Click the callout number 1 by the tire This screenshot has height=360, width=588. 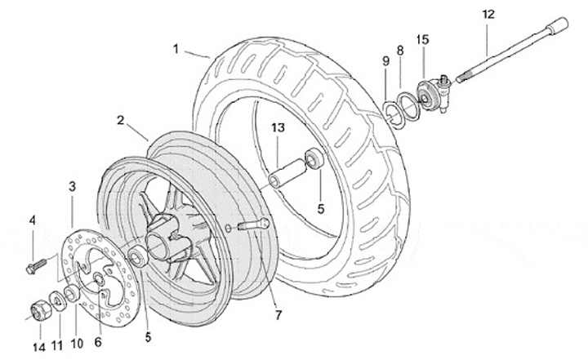pos(176,48)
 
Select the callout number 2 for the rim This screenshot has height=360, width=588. pos(120,120)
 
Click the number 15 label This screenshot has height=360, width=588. pos(423,38)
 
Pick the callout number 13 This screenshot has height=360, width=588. pos(278,128)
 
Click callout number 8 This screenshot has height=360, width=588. pos(400,51)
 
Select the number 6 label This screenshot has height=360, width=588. pos(98,342)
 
